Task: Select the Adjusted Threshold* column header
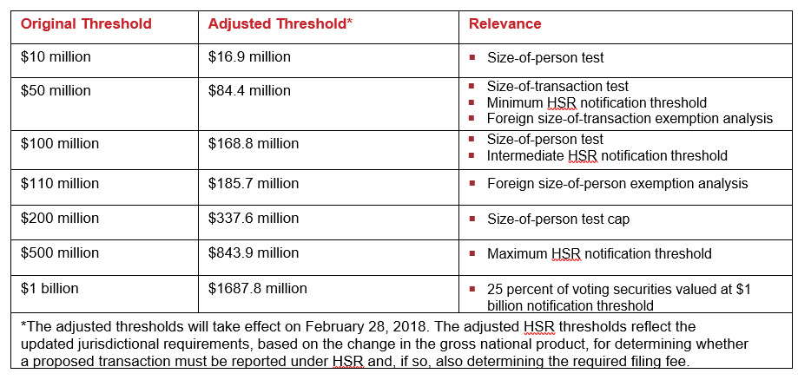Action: tap(280, 24)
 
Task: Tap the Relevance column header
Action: tap(505, 24)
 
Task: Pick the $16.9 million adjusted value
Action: tap(249, 57)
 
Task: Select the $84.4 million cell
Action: tap(249, 91)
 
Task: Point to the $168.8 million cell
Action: tap(253, 144)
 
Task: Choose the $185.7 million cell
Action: tap(253, 184)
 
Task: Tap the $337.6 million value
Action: tap(253, 219)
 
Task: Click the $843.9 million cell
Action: tap(253, 253)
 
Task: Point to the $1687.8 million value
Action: tap(257, 289)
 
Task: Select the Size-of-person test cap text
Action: tap(558, 219)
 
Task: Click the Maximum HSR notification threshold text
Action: tap(599, 254)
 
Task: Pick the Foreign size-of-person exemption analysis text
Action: tap(617, 184)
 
